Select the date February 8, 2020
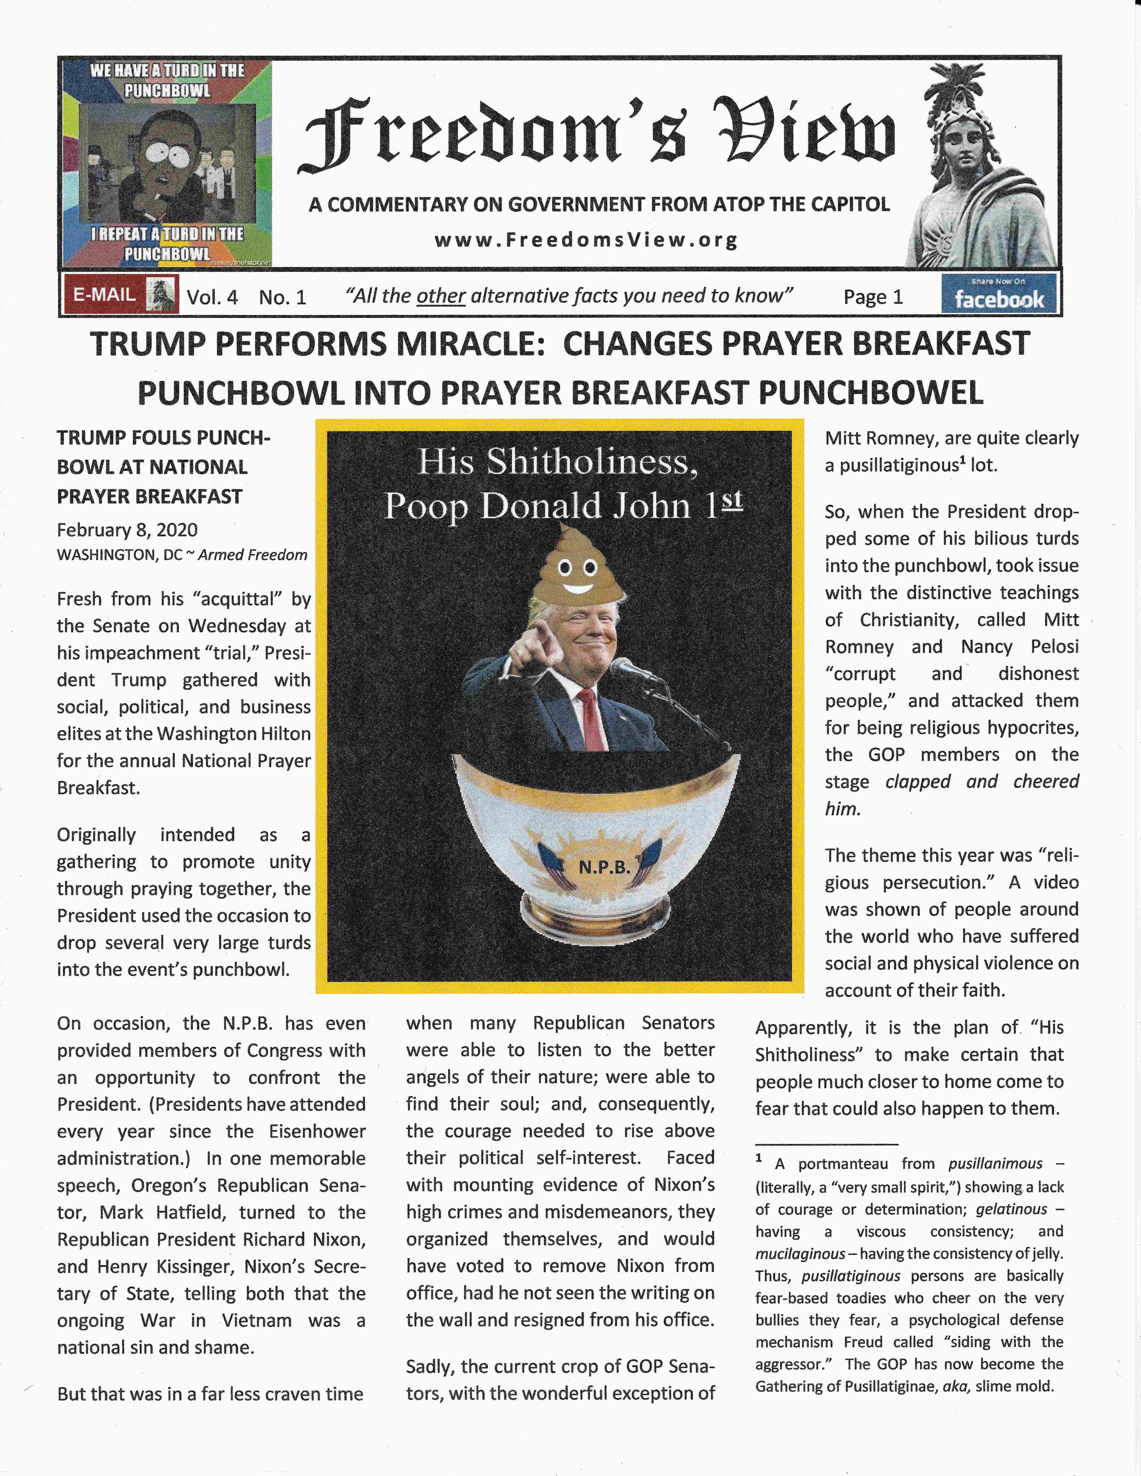click(x=127, y=530)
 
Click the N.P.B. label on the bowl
click(x=604, y=867)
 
